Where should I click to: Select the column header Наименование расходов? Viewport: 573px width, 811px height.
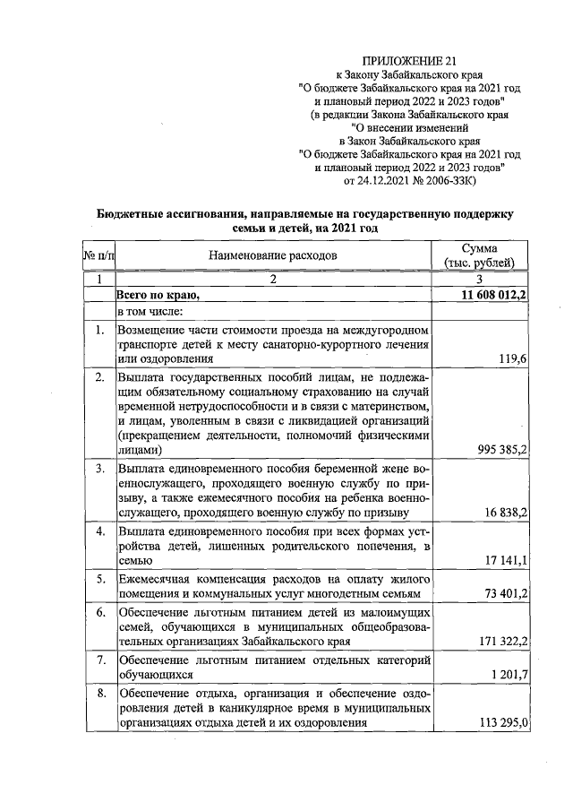click(x=273, y=255)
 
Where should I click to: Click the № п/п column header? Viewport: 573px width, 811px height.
click(x=98, y=255)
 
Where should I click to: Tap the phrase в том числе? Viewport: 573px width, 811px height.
click(x=150, y=311)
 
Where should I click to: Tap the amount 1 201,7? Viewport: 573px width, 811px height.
click(x=507, y=675)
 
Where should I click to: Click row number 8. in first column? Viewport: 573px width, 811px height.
click(x=101, y=693)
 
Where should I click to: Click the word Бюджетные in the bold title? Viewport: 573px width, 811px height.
click(x=132, y=214)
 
